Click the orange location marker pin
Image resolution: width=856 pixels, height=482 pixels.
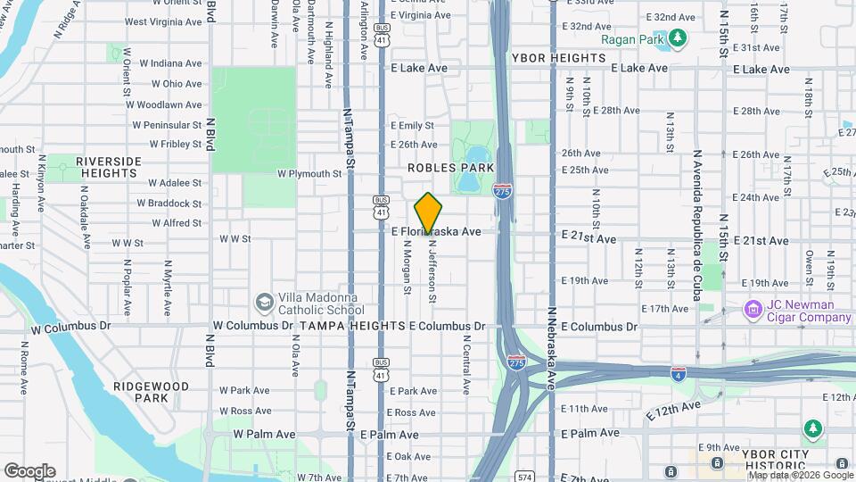point(429,213)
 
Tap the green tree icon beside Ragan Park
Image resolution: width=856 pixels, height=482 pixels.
point(679,37)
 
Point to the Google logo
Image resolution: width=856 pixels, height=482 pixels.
point(29,471)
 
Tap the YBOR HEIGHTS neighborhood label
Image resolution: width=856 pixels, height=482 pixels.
point(559,58)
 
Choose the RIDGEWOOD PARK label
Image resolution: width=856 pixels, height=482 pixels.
point(151,392)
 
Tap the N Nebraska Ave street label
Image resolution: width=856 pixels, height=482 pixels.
point(553,349)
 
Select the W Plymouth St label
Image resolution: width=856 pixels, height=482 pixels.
point(309,174)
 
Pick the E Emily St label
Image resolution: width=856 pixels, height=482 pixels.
point(412,126)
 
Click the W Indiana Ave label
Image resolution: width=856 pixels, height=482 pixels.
point(163,63)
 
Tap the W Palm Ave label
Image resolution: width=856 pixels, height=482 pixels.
point(264,434)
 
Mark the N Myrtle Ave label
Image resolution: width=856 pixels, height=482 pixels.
point(167,288)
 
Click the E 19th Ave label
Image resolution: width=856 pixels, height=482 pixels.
point(585,280)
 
